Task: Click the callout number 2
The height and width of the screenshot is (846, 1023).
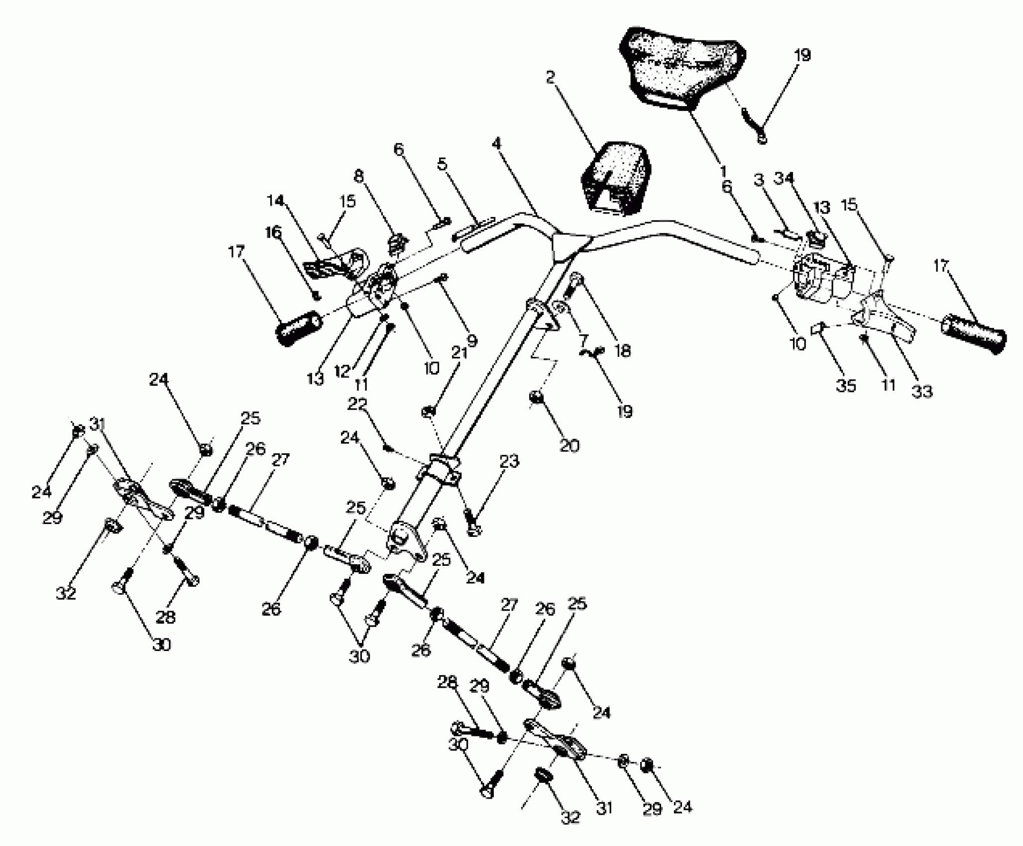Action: (x=550, y=79)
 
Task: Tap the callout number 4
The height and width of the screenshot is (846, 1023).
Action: (x=496, y=144)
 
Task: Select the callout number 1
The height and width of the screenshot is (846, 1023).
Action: (x=723, y=173)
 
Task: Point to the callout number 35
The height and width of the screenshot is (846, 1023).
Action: (x=846, y=386)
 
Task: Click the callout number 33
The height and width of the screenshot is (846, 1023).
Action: (x=921, y=392)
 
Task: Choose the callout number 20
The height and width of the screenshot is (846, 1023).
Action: (x=569, y=445)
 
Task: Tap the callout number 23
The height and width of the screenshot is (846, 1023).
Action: (x=509, y=461)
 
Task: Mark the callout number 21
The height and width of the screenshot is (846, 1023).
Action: (x=459, y=353)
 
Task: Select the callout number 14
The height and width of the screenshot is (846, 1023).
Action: (x=275, y=201)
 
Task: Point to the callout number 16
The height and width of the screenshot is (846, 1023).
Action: (x=273, y=232)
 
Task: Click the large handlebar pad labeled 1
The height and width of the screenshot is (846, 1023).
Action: (x=682, y=75)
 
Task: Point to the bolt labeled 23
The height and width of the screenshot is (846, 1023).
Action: (x=471, y=524)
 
